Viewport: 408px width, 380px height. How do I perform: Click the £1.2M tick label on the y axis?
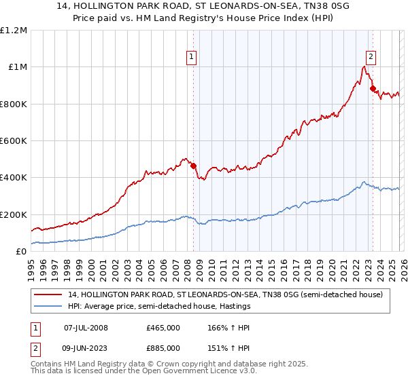pos(14,31)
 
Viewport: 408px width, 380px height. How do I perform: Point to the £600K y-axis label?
pos(14,141)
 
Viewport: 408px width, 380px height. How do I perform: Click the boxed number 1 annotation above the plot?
pos(192,57)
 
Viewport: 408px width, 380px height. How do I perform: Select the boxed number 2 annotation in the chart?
pos(371,57)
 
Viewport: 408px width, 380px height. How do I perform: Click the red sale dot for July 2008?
pos(194,166)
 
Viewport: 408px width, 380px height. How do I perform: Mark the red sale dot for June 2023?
pos(373,88)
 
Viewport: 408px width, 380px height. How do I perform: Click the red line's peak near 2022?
pos(364,66)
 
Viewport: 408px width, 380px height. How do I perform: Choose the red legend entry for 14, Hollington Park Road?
pos(224,294)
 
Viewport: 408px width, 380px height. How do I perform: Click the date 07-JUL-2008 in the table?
pos(86,328)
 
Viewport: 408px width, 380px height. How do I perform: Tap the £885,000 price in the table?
pos(163,348)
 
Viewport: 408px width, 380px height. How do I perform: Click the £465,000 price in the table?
pos(163,328)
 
